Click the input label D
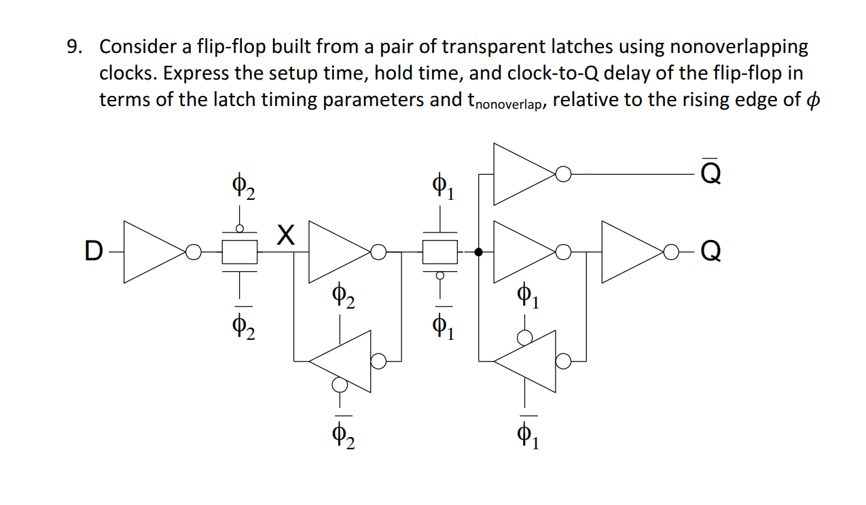point(92,252)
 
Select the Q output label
point(709,252)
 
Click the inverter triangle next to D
point(153,252)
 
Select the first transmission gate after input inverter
point(240,252)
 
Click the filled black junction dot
point(479,252)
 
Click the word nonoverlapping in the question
point(739,48)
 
